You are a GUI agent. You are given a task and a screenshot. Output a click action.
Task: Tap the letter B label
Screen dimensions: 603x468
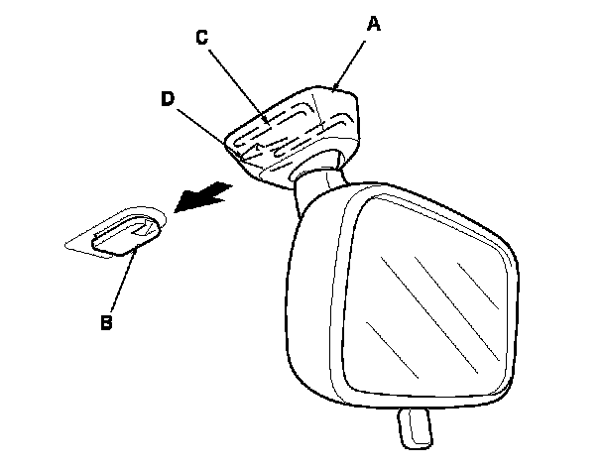(x=105, y=321)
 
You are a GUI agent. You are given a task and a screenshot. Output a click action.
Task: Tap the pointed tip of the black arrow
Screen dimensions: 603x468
(x=175, y=210)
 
